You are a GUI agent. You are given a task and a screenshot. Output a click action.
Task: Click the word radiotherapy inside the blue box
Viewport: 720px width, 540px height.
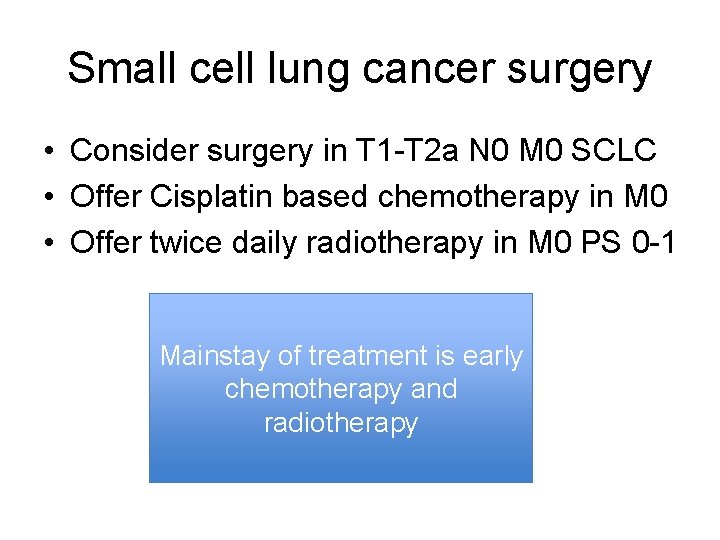point(340,423)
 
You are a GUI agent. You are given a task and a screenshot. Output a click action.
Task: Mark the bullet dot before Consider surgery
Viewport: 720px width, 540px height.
point(48,152)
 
